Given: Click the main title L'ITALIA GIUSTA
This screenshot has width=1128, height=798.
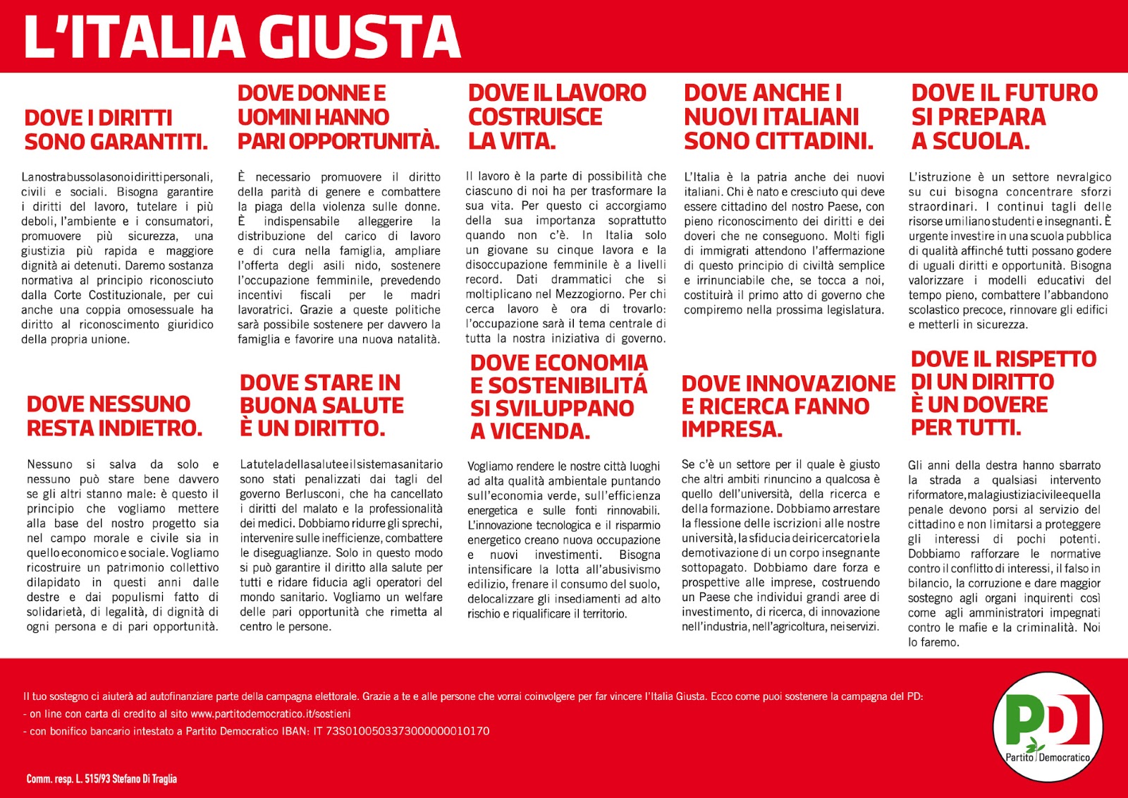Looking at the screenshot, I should [243, 37].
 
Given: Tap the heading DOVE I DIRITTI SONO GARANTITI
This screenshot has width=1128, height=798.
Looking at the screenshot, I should [116, 130].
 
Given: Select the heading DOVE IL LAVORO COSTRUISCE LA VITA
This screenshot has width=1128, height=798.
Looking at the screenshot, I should [557, 117].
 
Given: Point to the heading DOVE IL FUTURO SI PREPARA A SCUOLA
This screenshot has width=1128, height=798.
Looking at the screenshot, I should [1004, 117].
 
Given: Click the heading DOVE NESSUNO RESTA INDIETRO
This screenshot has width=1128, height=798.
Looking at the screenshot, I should [114, 416].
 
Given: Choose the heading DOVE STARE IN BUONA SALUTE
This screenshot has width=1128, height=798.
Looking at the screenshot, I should [321, 406].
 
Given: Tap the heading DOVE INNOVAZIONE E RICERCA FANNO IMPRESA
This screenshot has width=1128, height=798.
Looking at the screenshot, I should [787, 406].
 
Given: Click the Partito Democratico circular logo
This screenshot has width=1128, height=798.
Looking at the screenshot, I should [1048, 727].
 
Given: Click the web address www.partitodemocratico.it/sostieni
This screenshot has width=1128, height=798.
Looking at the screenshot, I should [270, 714].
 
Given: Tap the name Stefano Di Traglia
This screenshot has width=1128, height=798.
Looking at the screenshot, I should [145, 779].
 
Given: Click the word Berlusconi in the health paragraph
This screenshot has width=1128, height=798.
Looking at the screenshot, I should [314, 494].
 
